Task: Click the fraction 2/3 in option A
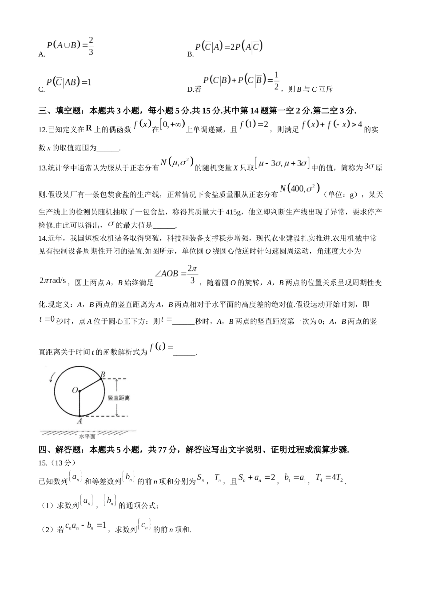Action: [91, 46]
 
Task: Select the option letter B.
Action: [190, 54]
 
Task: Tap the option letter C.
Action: [41, 89]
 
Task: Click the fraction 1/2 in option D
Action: [276, 81]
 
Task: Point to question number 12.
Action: [43, 130]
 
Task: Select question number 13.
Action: [43, 168]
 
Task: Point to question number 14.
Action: [43, 238]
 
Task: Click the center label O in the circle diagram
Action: [75, 390]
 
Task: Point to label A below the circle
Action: [80, 421]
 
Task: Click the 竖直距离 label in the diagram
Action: [119, 397]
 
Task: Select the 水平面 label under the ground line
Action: [87, 436]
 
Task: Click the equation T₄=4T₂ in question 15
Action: [330, 478]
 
